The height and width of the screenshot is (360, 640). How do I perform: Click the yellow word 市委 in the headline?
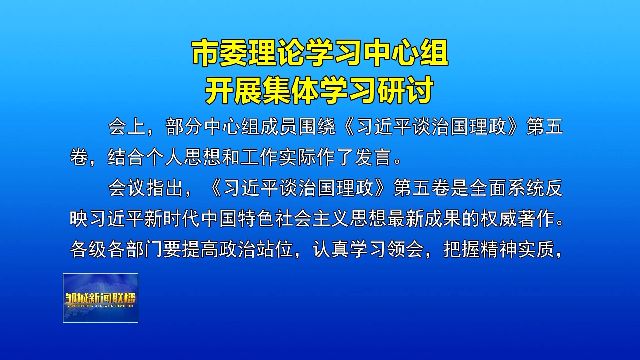point(220,53)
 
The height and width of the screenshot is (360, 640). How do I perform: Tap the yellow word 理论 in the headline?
point(277,53)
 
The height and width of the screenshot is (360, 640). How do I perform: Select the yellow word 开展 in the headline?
point(233,90)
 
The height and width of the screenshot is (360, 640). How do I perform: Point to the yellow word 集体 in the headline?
point(290,90)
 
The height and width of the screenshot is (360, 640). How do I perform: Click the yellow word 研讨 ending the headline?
point(405,90)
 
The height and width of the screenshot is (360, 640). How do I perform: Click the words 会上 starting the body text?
point(127,127)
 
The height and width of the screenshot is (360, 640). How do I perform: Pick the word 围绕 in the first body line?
point(317,127)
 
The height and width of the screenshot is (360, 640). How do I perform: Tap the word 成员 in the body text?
point(279,127)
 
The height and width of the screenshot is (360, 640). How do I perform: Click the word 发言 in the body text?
point(373,157)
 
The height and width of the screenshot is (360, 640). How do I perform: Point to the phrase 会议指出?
point(146,188)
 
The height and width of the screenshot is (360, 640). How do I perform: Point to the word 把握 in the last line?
point(461,249)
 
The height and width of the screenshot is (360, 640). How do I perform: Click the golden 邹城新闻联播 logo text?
point(100,298)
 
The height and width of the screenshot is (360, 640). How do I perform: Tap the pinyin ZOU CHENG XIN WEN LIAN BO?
point(100,306)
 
